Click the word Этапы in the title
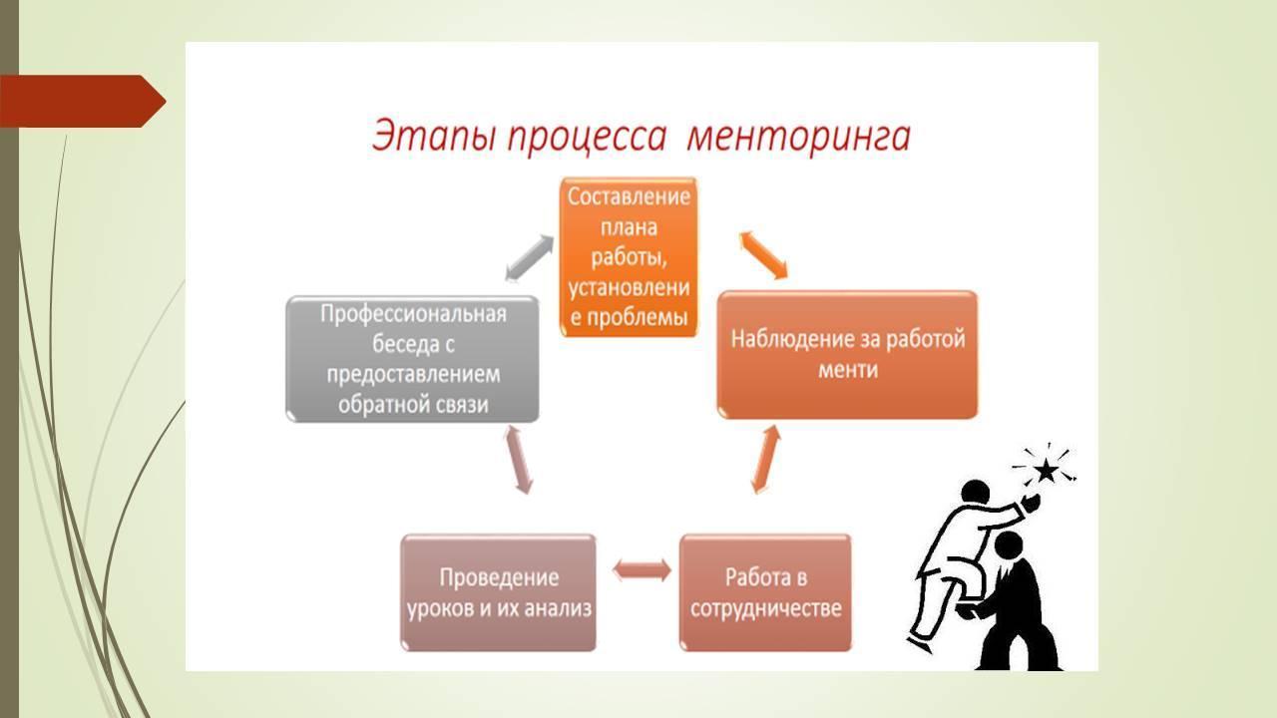coord(432,137)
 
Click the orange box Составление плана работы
coord(629,257)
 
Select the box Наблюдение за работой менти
coord(847,354)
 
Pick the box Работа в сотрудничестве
coord(765,592)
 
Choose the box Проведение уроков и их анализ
coord(498,592)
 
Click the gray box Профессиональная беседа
coord(412,359)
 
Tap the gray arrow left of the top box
coord(530,258)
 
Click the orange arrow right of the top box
coord(763,255)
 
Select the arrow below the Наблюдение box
coord(765,460)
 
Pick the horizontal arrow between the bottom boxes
coord(641,569)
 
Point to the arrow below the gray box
coord(518,461)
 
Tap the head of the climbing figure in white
coord(976,493)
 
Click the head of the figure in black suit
coord(1009,545)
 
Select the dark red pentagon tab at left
coord(83,102)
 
